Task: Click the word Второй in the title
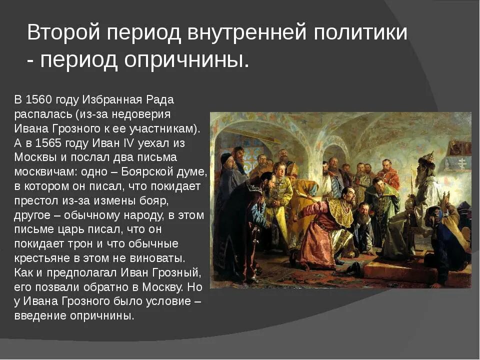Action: click(59, 33)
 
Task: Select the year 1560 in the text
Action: click(38, 99)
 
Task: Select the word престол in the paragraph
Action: click(35, 200)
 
